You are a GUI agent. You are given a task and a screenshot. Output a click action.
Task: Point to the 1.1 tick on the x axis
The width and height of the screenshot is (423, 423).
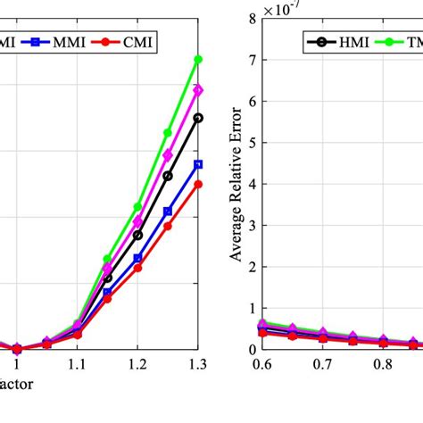tap(77, 365)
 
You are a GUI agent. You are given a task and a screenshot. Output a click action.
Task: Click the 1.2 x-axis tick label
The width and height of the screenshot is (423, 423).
tap(137, 365)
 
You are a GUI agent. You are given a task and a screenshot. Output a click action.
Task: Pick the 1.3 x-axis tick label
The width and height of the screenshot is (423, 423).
tap(198, 365)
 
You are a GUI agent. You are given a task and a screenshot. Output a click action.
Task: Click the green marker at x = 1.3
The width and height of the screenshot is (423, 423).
tap(198, 60)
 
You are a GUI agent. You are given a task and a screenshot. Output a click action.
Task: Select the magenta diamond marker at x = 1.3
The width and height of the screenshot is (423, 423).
tap(198, 90)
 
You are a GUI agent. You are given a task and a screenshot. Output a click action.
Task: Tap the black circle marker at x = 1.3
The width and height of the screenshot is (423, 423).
tap(198, 118)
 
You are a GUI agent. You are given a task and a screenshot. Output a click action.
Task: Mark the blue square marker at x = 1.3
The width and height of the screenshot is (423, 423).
tap(198, 164)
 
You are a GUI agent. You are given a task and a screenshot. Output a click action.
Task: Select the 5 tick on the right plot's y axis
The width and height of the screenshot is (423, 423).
tap(253, 143)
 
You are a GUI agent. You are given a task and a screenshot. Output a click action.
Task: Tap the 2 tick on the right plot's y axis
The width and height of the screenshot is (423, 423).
tap(253, 267)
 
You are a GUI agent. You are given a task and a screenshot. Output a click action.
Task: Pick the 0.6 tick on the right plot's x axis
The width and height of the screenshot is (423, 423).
tap(261, 365)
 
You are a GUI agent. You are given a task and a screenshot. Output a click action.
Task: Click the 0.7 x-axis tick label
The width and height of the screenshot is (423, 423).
tap(322, 365)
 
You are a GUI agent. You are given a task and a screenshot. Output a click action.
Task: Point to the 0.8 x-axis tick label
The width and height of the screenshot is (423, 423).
tap(383, 365)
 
